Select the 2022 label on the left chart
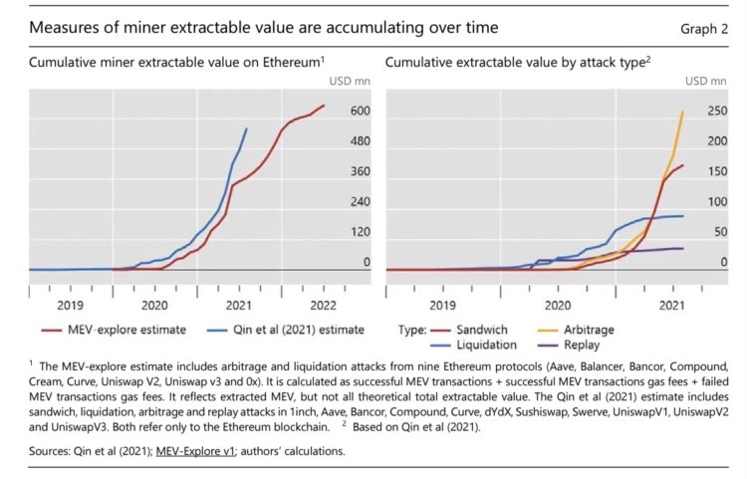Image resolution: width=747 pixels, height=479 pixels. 322,305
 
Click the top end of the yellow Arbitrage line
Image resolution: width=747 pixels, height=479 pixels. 682,112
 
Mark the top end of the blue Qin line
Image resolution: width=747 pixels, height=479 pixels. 247,128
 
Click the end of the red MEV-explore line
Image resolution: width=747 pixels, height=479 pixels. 324,106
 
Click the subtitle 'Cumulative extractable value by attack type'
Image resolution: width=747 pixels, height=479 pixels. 518,63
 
